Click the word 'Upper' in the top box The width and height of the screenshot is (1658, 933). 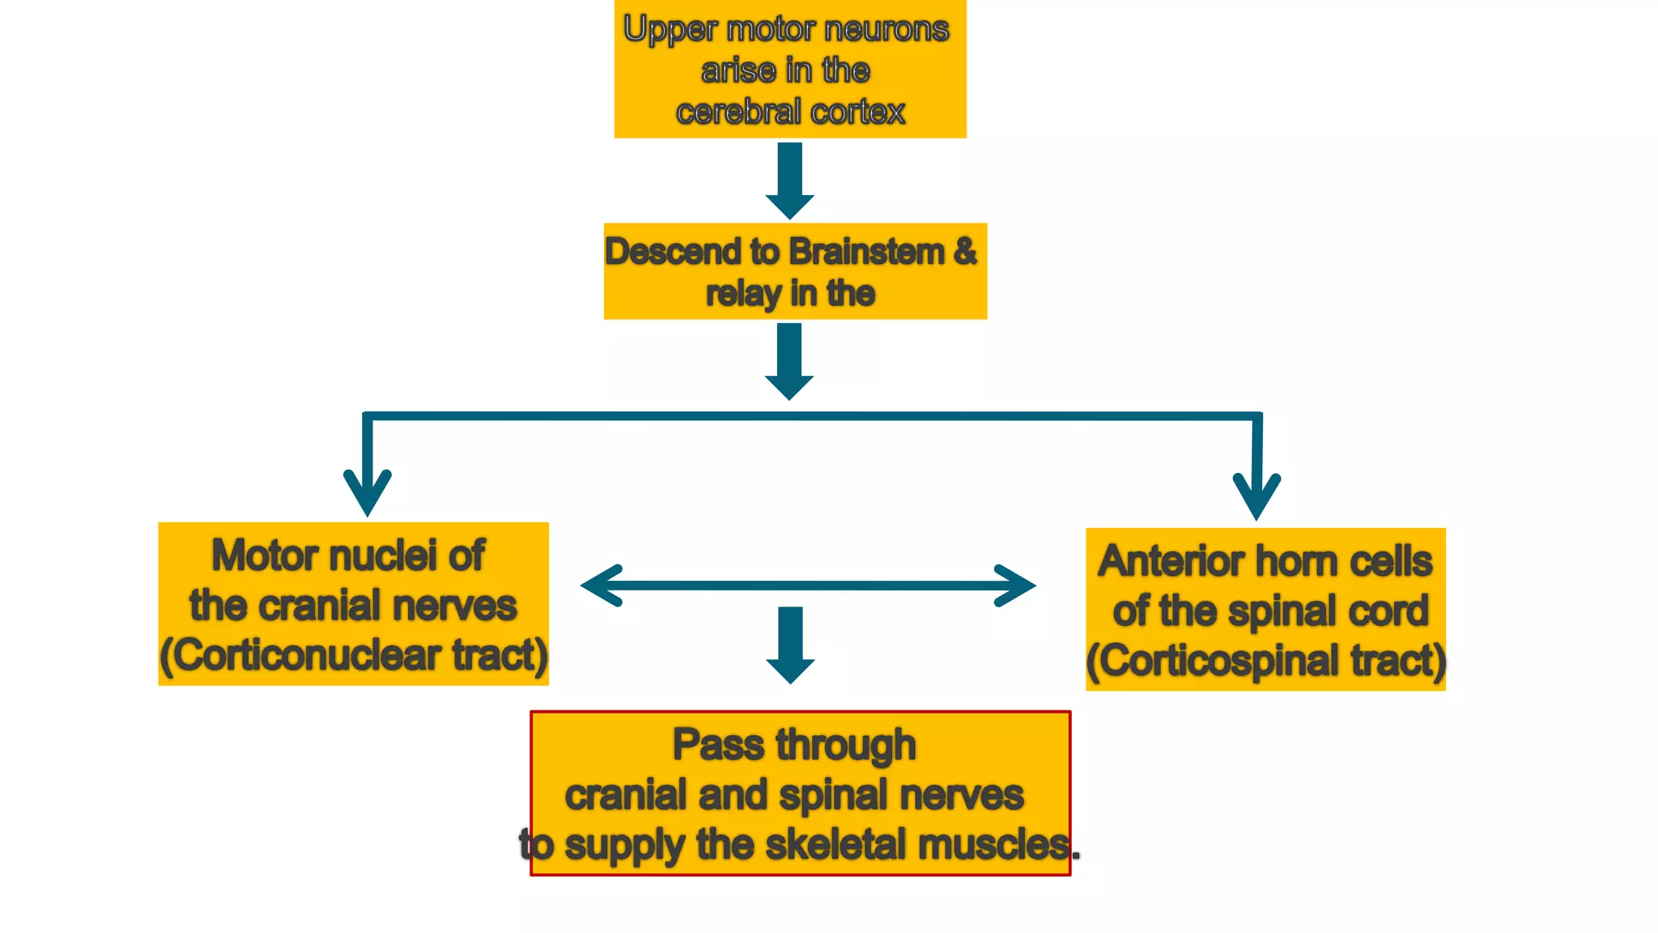click(x=670, y=30)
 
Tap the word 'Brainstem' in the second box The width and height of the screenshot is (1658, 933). click(x=866, y=252)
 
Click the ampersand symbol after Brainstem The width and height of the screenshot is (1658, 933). click(x=965, y=251)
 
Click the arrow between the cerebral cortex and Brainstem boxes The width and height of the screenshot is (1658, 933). click(x=790, y=181)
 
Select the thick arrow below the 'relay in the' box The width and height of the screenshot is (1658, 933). click(x=789, y=361)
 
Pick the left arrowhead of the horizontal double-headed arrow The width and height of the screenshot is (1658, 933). click(x=602, y=586)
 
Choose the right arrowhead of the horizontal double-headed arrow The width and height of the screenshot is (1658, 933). click(x=1014, y=586)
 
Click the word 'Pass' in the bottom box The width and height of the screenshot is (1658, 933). click(x=717, y=744)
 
